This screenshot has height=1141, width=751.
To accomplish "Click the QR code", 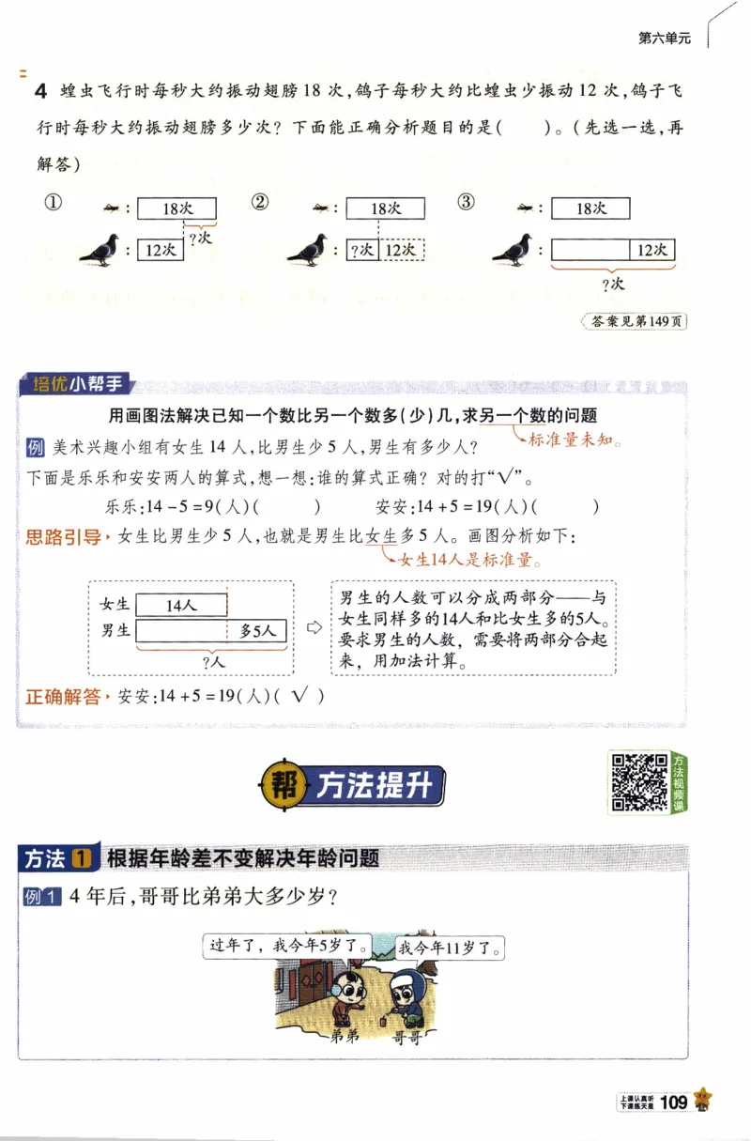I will point(639,781).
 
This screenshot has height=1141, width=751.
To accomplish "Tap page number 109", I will point(674,1102).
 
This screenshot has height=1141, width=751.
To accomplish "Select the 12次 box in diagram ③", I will point(651,250).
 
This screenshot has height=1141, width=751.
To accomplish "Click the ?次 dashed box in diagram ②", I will point(362,250).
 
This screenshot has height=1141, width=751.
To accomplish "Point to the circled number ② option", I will point(261,203).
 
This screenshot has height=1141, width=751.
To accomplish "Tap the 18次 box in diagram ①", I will point(176,208).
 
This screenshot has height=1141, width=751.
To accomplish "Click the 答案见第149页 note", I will point(636,321).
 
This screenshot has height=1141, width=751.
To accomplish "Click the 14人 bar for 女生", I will point(181,606).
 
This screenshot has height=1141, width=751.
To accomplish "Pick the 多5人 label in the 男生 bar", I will point(257,631).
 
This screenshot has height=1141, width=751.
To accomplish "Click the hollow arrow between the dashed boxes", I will point(314,627).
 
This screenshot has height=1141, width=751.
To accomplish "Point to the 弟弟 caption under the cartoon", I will point(345,1038).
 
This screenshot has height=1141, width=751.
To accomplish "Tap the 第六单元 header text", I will point(665,39).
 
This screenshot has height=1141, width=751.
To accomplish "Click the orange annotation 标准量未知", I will point(575,439).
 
